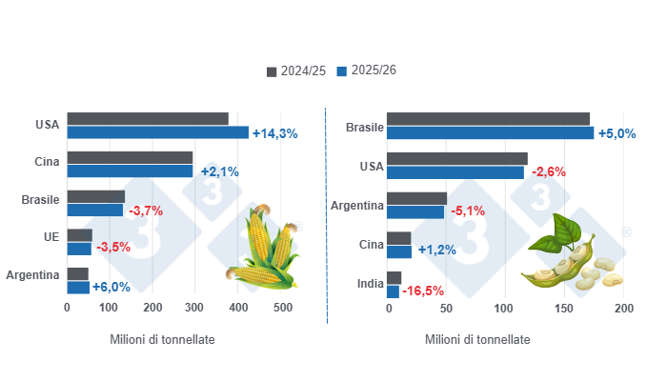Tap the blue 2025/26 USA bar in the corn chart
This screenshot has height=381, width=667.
point(157,132)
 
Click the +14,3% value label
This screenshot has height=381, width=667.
point(275,133)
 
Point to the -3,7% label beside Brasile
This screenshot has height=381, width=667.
point(147,210)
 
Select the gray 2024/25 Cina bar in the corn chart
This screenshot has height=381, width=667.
point(130,157)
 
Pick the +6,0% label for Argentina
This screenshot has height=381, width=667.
point(111,286)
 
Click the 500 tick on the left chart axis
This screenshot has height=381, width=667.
point(283,309)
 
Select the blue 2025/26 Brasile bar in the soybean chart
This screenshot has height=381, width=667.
point(492,132)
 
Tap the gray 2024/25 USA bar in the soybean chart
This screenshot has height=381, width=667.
point(458,158)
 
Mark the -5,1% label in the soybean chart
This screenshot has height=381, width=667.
point(467,211)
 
